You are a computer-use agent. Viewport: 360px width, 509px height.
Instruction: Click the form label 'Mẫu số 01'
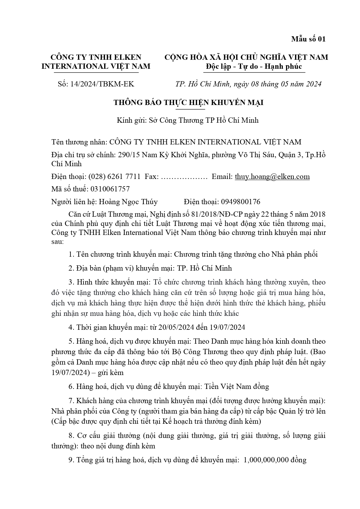[x=308, y=39]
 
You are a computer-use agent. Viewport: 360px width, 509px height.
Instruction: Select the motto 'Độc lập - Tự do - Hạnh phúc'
[x=254, y=66]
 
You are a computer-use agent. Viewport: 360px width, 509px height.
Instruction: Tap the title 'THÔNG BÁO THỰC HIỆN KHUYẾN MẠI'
[x=189, y=102]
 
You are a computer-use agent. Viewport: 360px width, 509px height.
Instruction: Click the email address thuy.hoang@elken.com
[x=272, y=177]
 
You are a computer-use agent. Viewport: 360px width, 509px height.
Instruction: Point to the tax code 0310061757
[x=110, y=189]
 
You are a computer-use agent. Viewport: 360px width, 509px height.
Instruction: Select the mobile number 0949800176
[x=240, y=202]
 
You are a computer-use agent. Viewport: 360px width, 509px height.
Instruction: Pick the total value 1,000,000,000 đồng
[x=275, y=460]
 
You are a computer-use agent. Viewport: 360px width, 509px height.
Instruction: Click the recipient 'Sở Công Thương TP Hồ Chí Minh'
[x=203, y=120]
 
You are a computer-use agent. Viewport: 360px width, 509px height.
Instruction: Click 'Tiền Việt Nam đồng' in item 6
[x=237, y=387]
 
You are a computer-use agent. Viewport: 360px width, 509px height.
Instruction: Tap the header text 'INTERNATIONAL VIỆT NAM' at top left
[x=96, y=66]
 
